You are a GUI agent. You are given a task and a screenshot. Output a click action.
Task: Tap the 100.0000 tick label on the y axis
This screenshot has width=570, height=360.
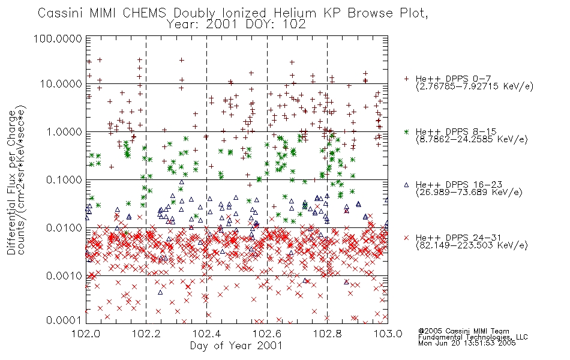pyautogui.click(x=58, y=38)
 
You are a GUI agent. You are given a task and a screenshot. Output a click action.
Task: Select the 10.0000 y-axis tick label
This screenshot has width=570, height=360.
pyautogui.click(x=61, y=84)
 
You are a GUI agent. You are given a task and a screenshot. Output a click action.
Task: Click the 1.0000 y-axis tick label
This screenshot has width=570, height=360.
pyautogui.click(x=65, y=131)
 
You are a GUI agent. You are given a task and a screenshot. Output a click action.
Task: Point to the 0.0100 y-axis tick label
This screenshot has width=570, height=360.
pyautogui.click(x=64, y=228)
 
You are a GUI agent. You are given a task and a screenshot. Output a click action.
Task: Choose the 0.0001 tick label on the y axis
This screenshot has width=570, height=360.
pyautogui.click(x=64, y=320)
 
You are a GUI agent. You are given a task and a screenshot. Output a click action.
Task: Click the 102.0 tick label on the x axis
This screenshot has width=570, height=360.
pyautogui.click(x=86, y=334)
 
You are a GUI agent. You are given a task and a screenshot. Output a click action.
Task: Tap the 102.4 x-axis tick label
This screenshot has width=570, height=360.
pyautogui.click(x=206, y=334)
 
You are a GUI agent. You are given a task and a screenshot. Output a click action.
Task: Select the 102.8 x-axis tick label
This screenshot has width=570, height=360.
pyautogui.click(x=327, y=334)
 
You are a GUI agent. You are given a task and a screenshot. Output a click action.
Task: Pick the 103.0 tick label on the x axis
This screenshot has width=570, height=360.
pyautogui.click(x=388, y=334)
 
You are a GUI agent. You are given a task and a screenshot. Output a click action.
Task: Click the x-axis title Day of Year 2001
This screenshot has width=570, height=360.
pyautogui.click(x=236, y=346)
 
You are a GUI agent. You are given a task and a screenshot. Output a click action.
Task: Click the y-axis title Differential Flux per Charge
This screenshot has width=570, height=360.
pyautogui.click(x=11, y=182)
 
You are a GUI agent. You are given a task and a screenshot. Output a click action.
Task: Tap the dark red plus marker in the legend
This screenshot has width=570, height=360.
pyautogui.click(x=406, y=79)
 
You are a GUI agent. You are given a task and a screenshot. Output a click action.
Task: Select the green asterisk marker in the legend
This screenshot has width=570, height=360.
pyautogui.click(x=406, y=131)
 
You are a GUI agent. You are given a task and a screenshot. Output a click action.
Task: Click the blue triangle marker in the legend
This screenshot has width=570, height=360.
pyautogui.click(x=406, y=185)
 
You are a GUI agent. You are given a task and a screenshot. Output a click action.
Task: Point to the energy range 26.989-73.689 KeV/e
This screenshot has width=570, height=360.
pyautogui.click(x=469, y=193)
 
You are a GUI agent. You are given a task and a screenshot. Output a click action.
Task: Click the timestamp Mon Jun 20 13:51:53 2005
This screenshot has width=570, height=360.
pyautogui.click(x=467, y=343)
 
